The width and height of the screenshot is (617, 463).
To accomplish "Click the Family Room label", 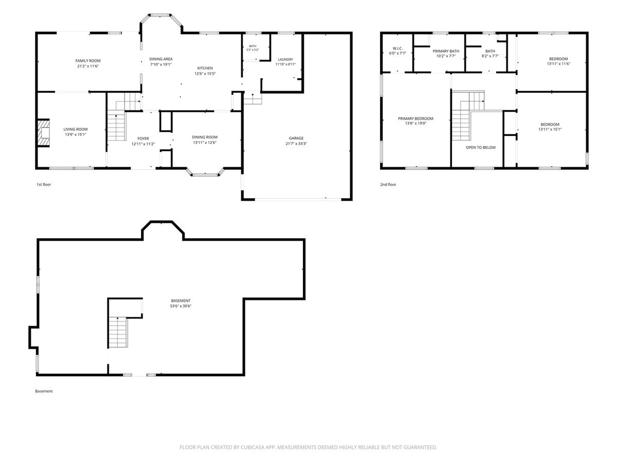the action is tap(88, 61).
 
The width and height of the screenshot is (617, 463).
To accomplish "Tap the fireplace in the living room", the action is tap(44, 133).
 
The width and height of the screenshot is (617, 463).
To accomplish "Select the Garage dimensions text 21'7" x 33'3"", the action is tap(296, 144).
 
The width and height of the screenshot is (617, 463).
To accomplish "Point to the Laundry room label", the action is tap(285, 59).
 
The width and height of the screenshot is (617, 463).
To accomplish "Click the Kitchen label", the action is tap(205, 68).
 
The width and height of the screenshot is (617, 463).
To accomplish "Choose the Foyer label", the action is tap(143, 138).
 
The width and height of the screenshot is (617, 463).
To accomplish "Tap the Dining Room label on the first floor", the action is tap(205, 137).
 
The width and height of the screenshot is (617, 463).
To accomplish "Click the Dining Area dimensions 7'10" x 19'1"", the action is tap(161, 64).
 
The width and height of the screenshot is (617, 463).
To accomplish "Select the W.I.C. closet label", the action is tap(398, 48).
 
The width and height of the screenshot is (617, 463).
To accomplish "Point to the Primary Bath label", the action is tap(446, 51).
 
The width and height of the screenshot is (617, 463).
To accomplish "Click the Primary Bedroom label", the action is tap(415, 118).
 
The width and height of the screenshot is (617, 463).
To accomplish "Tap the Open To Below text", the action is tap(481, 147).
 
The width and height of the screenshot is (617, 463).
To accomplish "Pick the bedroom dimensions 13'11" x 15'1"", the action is tap(550, 129).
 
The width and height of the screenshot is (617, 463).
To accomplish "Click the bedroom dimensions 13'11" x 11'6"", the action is tap(558, 64).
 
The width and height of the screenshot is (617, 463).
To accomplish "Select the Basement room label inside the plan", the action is tap(180, 300).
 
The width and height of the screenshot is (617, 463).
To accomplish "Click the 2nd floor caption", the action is tap(388, 184).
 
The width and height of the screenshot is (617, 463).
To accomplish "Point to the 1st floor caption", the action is tap(44, 184).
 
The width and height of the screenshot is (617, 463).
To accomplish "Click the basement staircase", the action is tap(118, 332).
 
